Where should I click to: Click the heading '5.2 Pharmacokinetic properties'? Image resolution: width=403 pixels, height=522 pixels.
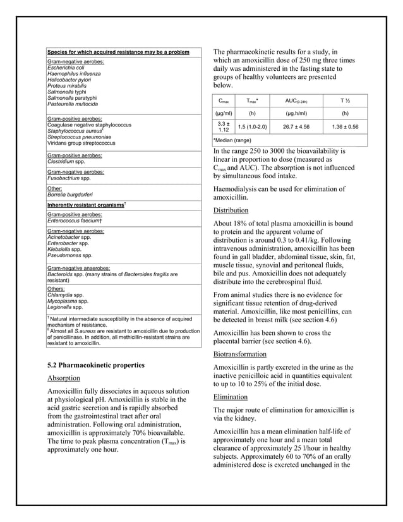tap(96, 365)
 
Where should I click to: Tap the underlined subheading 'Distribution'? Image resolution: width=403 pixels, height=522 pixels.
tap(231, 210)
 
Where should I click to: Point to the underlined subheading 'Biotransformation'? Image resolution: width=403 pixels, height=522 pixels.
tap(243, 355)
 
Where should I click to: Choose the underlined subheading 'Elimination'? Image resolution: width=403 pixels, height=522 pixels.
tap(232, 397)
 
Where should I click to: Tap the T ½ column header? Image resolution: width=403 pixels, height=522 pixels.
tap(344, 100)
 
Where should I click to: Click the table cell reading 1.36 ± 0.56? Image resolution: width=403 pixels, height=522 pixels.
tap(344, 126)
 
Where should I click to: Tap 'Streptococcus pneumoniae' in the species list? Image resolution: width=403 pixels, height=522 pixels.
tap(79, 137)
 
